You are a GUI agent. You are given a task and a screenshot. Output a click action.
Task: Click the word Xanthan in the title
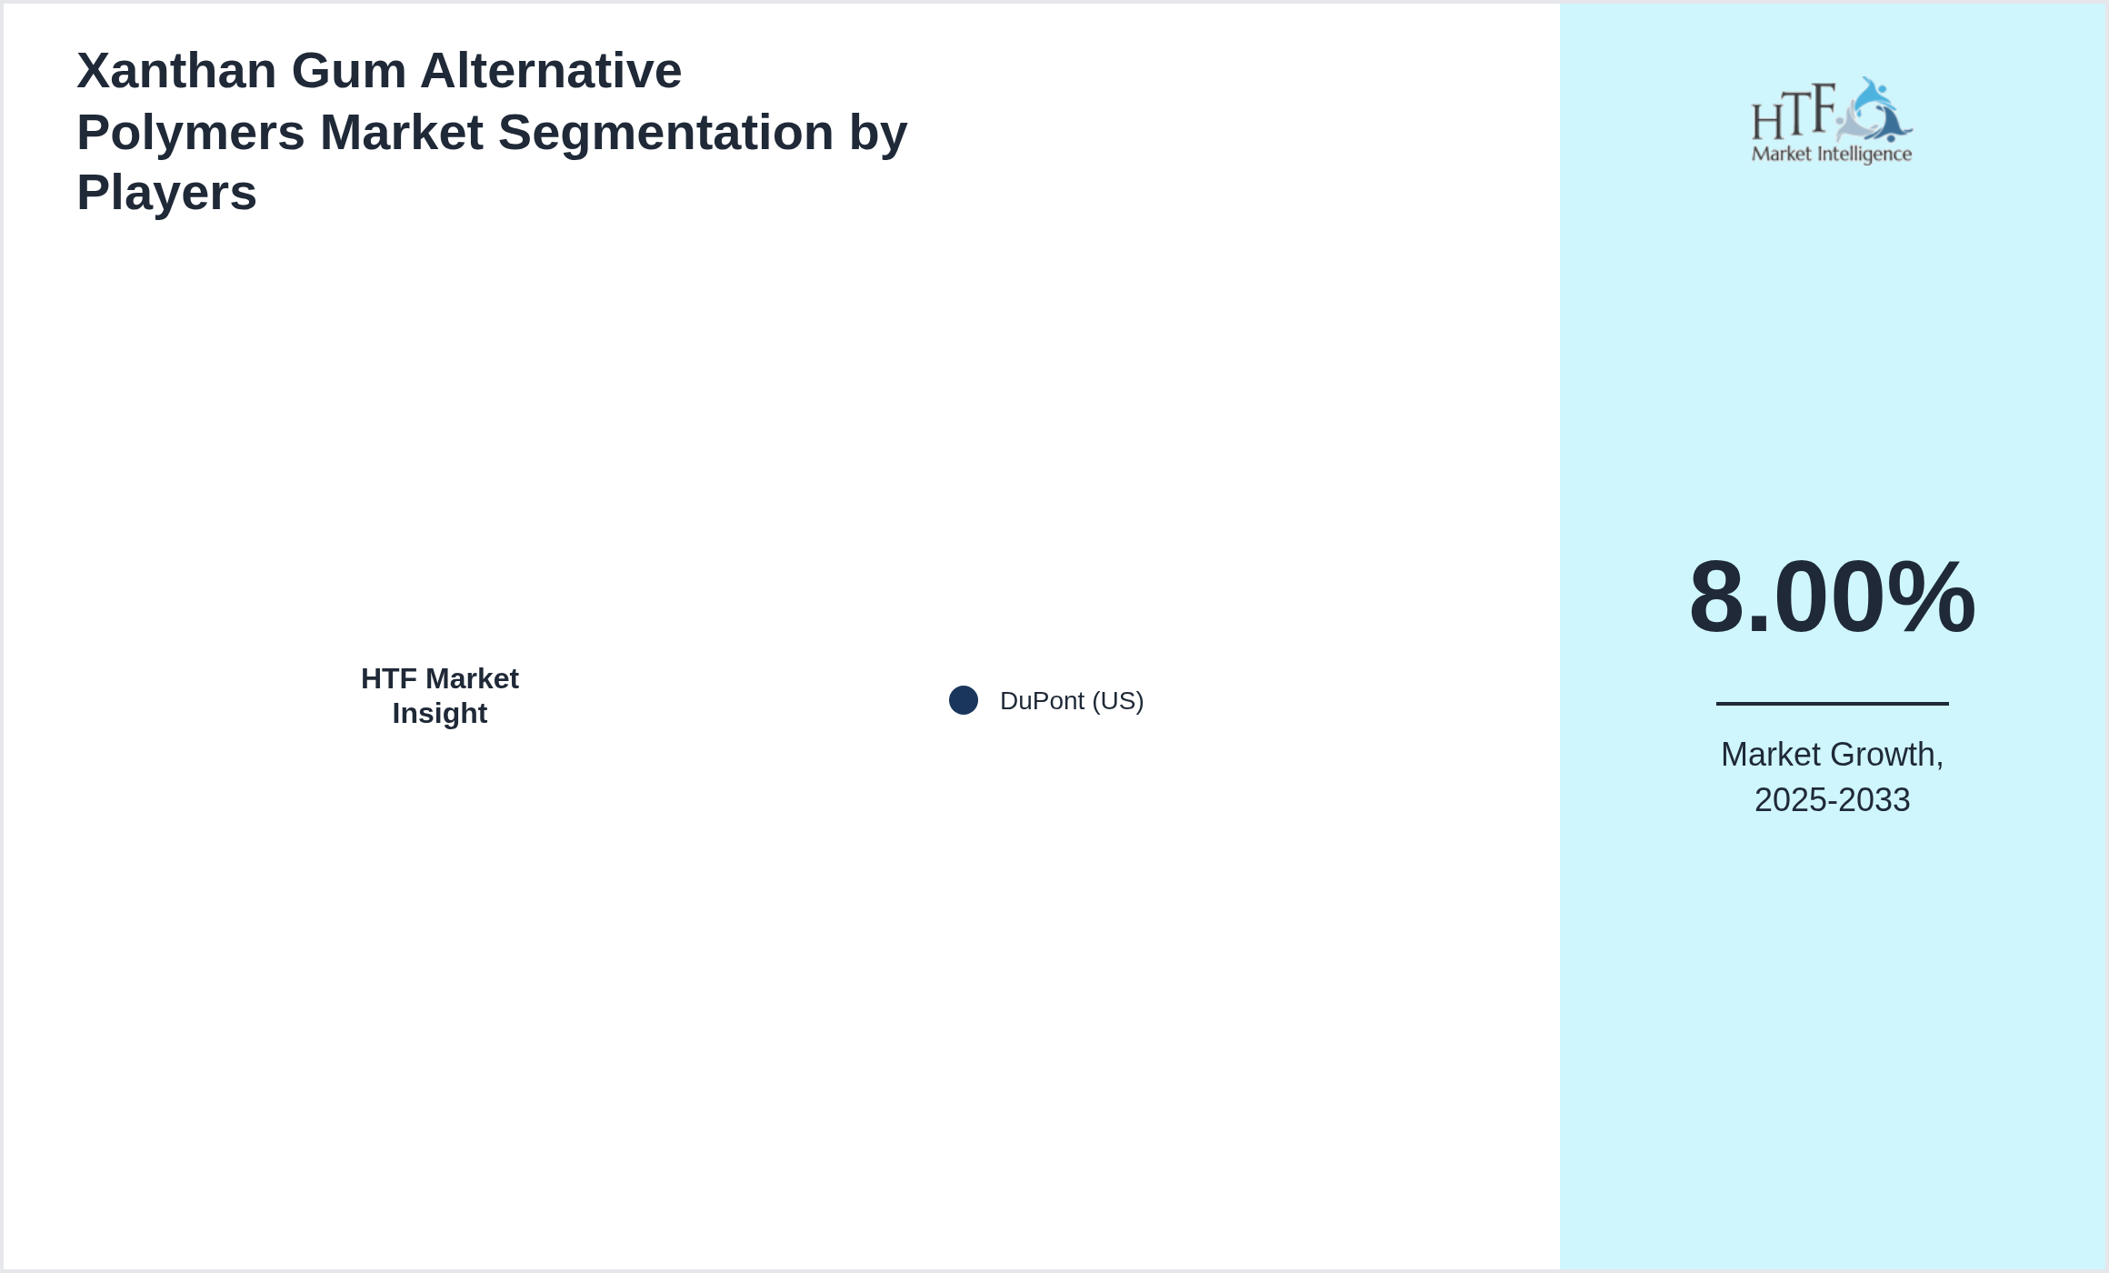point(176,71)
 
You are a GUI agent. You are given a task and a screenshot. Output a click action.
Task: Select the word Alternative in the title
point(551,71)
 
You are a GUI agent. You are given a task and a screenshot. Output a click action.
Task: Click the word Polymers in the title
point(191,133)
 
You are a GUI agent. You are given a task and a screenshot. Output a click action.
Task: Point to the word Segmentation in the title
point(665,133)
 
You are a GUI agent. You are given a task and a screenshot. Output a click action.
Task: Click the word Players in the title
point(166,193)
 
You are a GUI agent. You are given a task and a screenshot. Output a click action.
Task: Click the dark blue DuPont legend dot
point(964,700)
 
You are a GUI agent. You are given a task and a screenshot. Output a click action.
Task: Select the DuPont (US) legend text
point(1072,701)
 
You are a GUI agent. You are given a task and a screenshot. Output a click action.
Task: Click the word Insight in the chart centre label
point(440,714)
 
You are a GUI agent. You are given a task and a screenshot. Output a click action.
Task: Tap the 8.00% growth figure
point(1832,597)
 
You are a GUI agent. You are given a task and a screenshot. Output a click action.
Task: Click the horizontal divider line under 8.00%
point(1833,703)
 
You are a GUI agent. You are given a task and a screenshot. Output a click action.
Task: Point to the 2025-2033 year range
point(1833,800)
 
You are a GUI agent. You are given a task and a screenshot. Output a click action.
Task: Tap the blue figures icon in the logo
point(1874,110)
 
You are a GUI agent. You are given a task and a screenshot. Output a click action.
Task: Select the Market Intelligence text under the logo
point(1832,155)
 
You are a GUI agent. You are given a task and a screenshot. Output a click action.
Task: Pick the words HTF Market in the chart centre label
point(440,678)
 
